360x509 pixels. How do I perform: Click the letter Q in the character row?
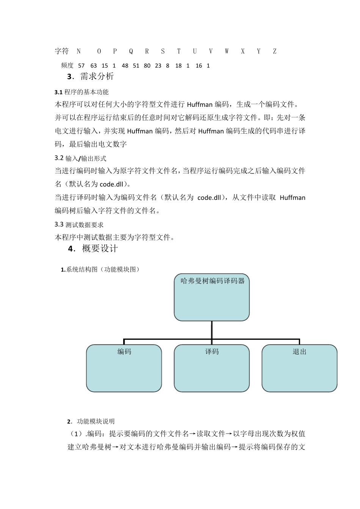(x=131, y=52)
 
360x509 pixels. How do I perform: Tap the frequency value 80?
(x=147, y=66)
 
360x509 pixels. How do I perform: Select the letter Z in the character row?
(x=275, y=52)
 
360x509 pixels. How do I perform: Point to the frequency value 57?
(x=81, y=66)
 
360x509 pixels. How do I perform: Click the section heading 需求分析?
(x=97, y=77)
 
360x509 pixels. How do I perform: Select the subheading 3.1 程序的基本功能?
(x=81, y=92)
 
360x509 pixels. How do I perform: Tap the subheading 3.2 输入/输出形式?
(x=80, y=158)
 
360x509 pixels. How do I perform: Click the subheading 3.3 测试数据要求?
(x=79, y=225)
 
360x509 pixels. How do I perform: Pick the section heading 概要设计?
(x=100, y=249)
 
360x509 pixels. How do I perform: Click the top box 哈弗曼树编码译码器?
(x=212, y=297)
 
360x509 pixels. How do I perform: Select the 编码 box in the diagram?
(x=124, y=368)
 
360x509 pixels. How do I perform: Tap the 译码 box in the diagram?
(x=212, y=368)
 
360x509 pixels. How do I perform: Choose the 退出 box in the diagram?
(x=299, y=368)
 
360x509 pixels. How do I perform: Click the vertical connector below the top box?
(x=212, y=330)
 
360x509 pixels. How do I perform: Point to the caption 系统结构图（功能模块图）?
(x=100, y=270)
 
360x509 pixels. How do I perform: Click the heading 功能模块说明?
(x=95, y=422)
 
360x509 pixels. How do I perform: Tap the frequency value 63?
(x=94, y=66)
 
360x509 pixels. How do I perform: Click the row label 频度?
(x=67, y=66)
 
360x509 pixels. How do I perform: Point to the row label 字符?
(x=62, y=52)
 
